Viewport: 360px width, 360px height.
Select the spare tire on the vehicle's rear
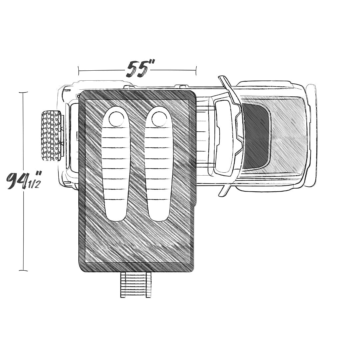click(x=51, y=136)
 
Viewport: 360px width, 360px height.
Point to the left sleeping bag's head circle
click(x=116, y=119)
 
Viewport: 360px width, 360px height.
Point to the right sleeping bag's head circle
click(x=159, y=119)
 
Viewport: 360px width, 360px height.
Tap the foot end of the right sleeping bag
click(x=159, y=214)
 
